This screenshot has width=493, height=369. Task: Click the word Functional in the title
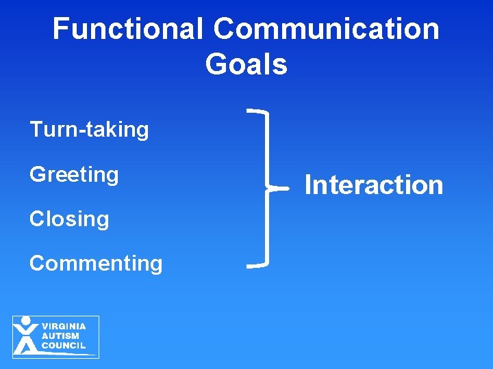point(128,29)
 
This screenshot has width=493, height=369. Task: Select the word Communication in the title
point(326,29)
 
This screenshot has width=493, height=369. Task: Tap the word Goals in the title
point(246,65)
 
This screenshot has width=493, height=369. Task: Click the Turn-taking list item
point(89,130)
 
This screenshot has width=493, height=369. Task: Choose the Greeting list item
point(74,175)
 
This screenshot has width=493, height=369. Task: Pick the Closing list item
point(69,219)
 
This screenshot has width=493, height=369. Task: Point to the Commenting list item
point(96,264)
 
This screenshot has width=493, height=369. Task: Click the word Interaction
point(374,185)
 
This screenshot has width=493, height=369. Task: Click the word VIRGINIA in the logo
point(64,327)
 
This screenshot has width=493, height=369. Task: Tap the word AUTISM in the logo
point(60,336)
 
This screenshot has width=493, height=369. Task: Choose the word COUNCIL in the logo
point(64,346)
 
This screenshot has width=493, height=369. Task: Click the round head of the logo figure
point(26,320)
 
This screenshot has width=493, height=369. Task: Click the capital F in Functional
point(61,29)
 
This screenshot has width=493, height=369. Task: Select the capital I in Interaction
point(308,185)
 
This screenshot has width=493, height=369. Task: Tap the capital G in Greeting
point(37,175)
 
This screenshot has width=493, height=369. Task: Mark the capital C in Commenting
point(37,264)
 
